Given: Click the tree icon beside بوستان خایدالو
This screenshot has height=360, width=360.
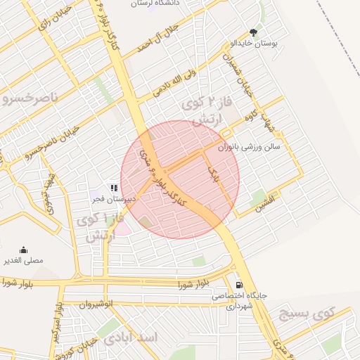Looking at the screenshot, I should point(253,32).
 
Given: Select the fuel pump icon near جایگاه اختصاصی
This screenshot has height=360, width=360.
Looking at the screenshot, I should point(240,285).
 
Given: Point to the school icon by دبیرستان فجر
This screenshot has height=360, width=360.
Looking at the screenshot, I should point(113,188).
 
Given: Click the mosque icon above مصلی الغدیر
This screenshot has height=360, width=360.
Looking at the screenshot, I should point(24,250).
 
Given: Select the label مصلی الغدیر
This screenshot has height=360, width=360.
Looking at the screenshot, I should point(24,260).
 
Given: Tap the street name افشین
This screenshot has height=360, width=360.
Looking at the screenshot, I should point(269,204).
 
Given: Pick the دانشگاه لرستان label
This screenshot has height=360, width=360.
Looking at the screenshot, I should point(159,4).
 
